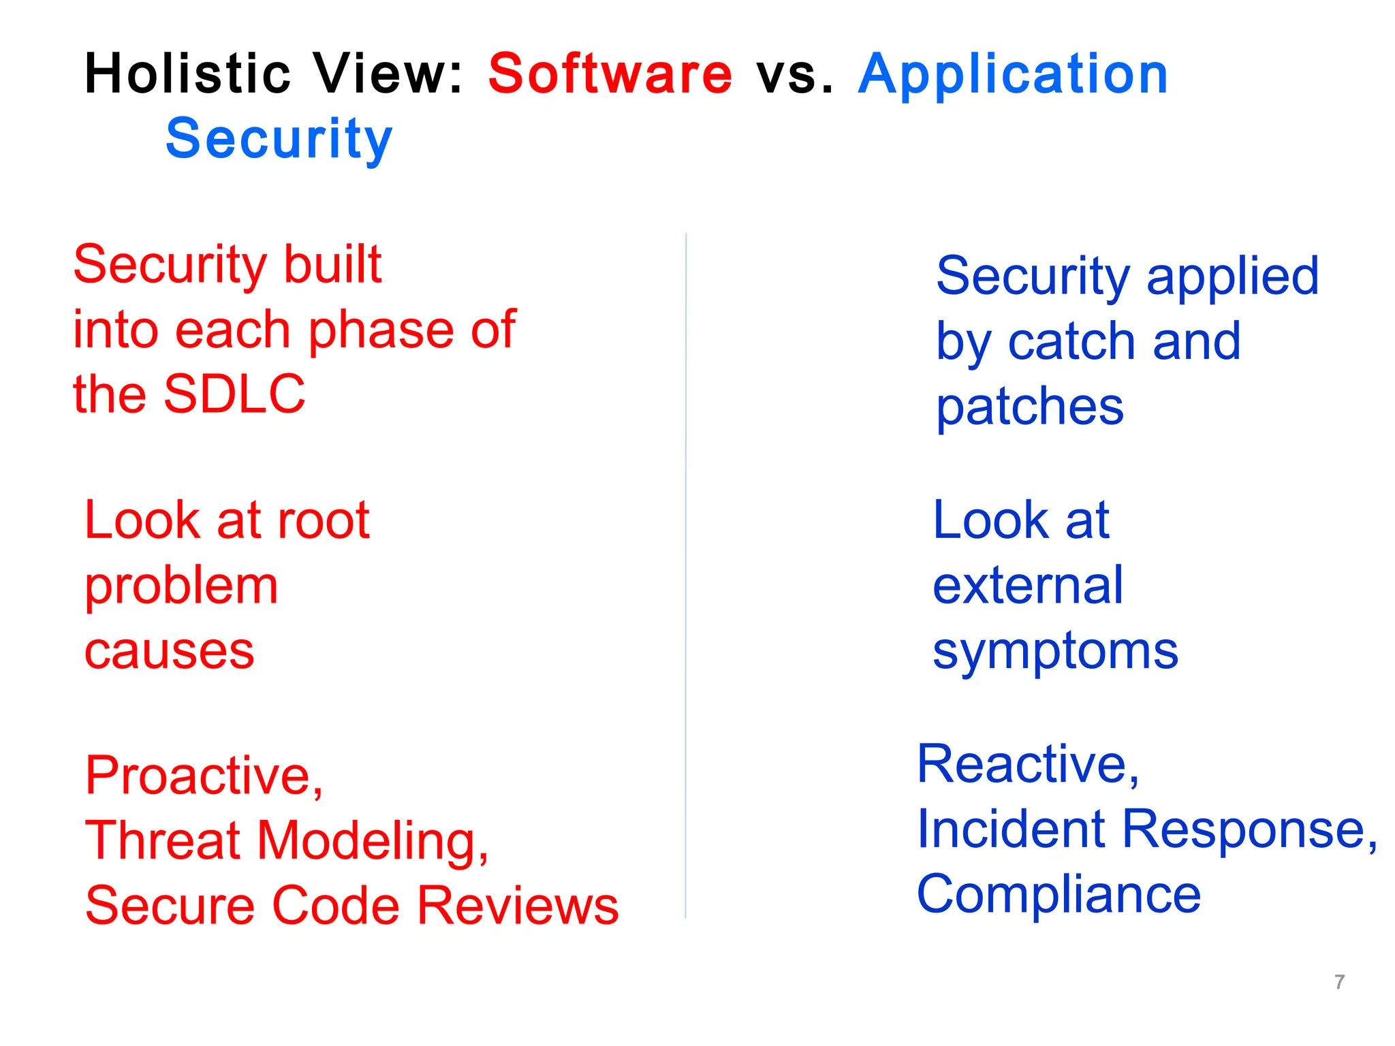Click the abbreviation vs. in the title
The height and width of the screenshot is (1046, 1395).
794,75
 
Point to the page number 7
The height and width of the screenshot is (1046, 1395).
1339,982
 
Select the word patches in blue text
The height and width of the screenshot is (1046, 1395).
1029,408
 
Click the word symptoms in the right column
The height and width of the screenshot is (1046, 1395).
1055,652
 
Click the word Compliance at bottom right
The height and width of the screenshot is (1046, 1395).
1058,895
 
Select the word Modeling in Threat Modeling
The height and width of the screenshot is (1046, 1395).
373,841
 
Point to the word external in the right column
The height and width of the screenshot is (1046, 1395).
1027,586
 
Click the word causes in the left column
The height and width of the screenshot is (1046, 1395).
169,652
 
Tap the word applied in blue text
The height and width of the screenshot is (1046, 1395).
1232,276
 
